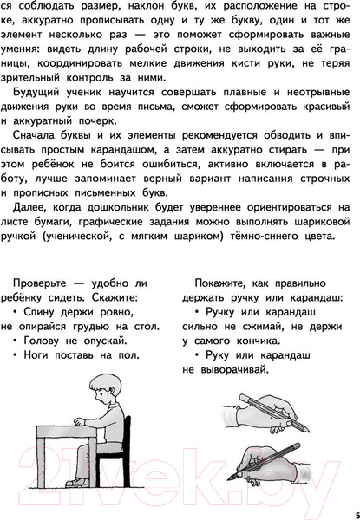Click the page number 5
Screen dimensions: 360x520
(x=346, y=504)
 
